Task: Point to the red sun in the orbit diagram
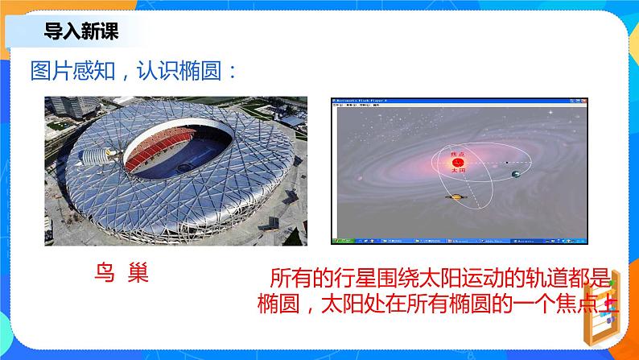(458, 163)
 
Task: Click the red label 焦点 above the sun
(458, 153)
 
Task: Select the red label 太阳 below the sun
(458, 172)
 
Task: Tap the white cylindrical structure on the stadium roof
(102, 154)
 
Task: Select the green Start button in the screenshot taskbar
(340, 239)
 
